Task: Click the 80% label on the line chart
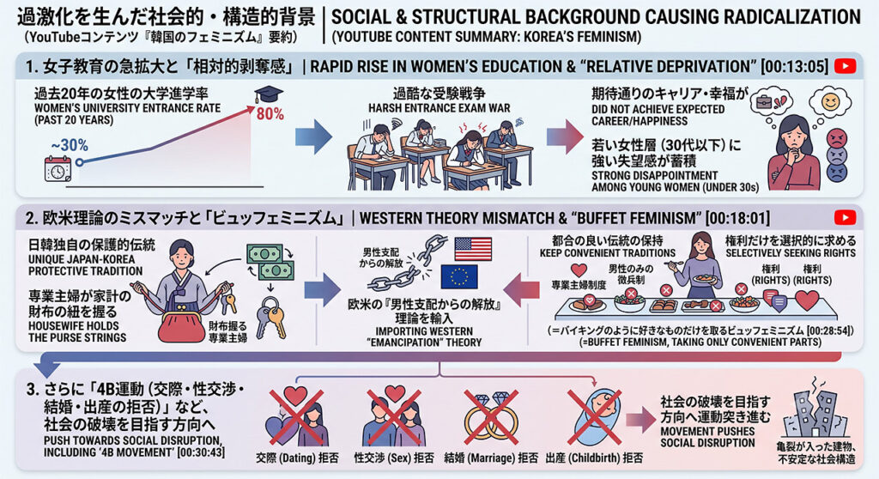point(270,114)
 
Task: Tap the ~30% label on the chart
point(70,146)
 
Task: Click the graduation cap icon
point(269,94)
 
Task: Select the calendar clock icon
point(58,169)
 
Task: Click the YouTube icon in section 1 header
point(845,66)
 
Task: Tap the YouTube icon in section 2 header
point(845,217)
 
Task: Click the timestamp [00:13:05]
point(794,67)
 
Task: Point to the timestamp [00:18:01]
point(737,218)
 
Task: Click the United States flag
point(473,249)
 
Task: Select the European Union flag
point(459,276)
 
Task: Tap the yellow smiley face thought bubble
point(830,102)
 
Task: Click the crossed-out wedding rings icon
point(490,417)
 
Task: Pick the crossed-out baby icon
point(594,417)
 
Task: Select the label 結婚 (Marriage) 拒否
point(491,458)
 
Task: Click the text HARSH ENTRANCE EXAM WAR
point(439,107)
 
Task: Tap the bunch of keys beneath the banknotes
point(271,317)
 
